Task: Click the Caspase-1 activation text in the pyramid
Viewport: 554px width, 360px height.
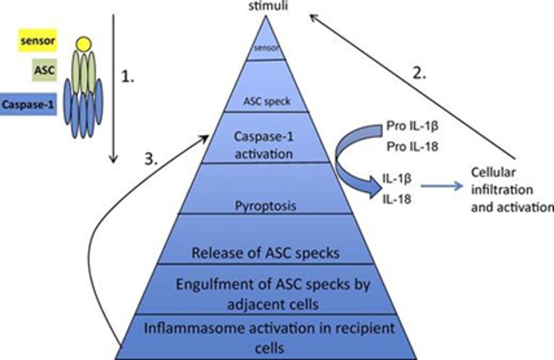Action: pyautogui.click(x=265, y=146)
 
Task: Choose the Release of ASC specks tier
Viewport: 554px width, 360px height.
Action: pyautogui.click(x=265, y=253)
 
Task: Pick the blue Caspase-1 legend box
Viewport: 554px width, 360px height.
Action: pyautogui.click(x=29, y=105)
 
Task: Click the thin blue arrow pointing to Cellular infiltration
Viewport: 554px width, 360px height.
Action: pyautogui.click(x=442, y=186)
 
